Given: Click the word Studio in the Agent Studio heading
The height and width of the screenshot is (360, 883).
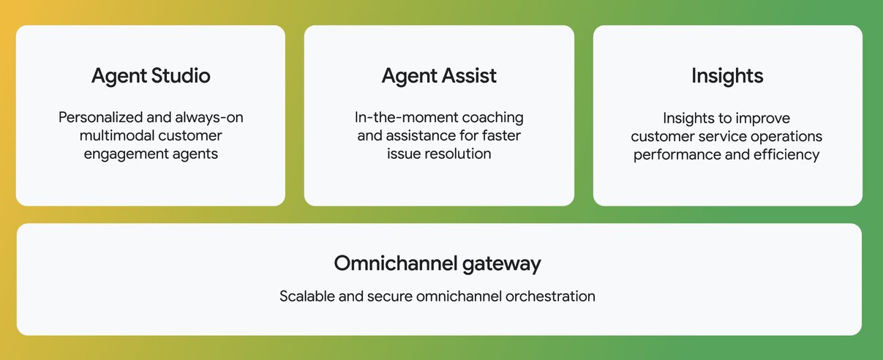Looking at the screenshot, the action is pos(181,75).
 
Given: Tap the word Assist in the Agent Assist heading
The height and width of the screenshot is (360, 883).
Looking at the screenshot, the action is pos(469,75).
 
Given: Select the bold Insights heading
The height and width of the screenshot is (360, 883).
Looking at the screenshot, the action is pos(727,76).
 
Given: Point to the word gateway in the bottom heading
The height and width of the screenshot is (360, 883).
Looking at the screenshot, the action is pos(501,264).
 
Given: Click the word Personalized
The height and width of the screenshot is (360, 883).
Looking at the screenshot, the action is pos(100,117).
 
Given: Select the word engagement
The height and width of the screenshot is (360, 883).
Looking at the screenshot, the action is pos(119,154).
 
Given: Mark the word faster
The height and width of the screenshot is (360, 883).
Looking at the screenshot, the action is pos(501,135).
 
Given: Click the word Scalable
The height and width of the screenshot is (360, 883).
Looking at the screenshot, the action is pos(307,296).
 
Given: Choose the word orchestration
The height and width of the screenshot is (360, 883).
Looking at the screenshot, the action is pos(550,296).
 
